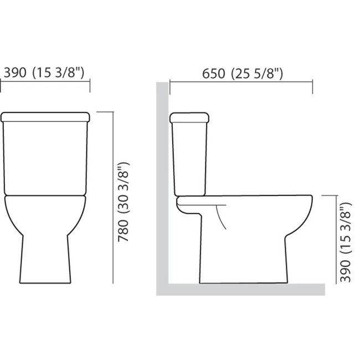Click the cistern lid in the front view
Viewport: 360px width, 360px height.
[46, 117]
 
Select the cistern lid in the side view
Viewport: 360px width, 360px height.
[189, 117]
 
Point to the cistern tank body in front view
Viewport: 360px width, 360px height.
[46, 158]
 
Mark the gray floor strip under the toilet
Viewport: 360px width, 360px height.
[244, 289]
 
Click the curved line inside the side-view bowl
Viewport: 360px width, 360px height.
[222, 217]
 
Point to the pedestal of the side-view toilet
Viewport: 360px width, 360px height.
[244, 260]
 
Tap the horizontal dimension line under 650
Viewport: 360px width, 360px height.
[241, 82]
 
